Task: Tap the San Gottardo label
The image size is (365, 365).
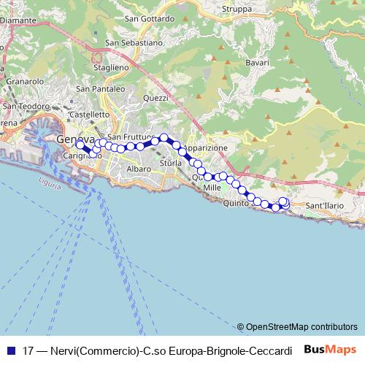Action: tap(150, 18)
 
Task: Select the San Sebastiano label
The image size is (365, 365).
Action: tap(134, 42)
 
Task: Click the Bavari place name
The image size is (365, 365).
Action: tap(258, 64)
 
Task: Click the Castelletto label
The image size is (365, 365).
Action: tap(88, 115)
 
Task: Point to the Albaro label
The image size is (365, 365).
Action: tap(139, 169)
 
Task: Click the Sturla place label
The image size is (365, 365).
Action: tap(170, 164)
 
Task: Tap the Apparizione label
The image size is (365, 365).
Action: tap(205, 147)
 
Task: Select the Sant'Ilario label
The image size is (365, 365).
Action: tap(325, 206)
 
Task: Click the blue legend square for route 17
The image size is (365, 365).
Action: tap(10, 350)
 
